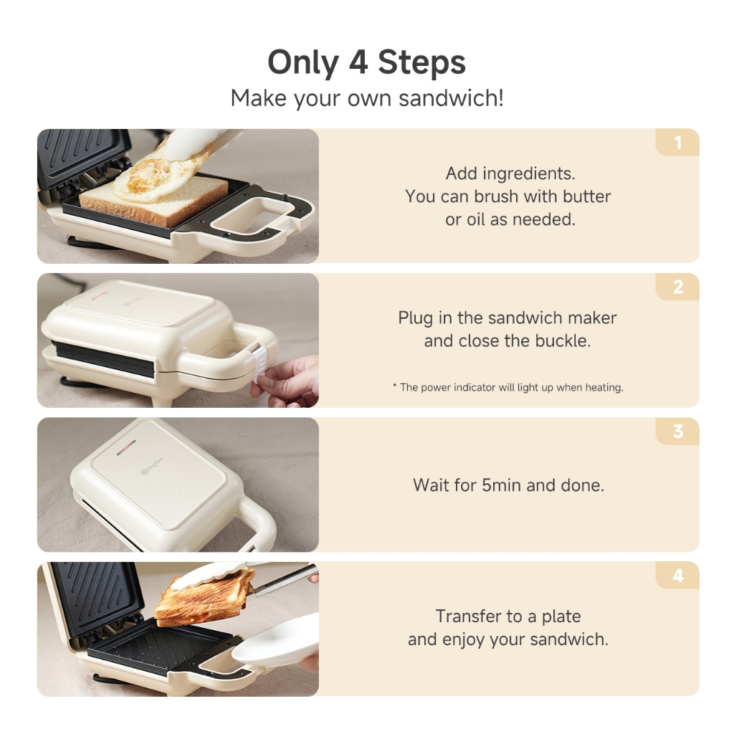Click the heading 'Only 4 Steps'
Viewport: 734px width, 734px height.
[x=366, y=63]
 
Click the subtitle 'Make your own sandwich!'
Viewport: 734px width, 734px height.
[x=367, y=98]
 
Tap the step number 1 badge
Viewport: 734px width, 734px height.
[x=677, y=143]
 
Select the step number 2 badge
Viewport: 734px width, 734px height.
[x=677, y=287]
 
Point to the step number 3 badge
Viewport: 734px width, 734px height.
[x=677, y=431]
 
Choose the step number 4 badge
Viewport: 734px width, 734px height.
[x=677, y=576]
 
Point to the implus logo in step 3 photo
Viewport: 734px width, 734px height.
[x=152, y=466]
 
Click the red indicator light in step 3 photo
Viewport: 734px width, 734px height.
[x=126, y=447]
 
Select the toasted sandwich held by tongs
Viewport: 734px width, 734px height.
[x=205, y=597]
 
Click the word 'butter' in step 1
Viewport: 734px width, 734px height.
[x=586, y=196]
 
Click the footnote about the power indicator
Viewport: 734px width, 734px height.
[x=508, y=388]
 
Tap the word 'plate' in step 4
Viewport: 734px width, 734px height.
[x=561, y=617]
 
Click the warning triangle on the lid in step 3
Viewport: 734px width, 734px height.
[x=184, y=495]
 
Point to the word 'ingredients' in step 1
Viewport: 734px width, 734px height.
[x=529, y=174]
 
